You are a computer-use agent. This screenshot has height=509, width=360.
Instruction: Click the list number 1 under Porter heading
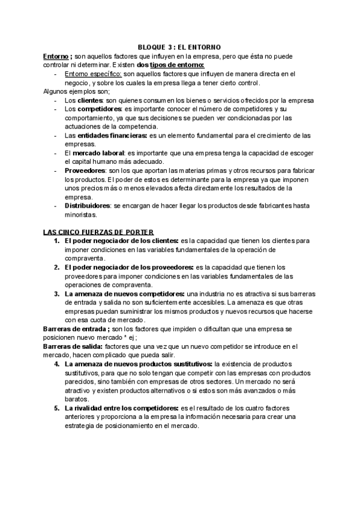(x=57, y=241)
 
